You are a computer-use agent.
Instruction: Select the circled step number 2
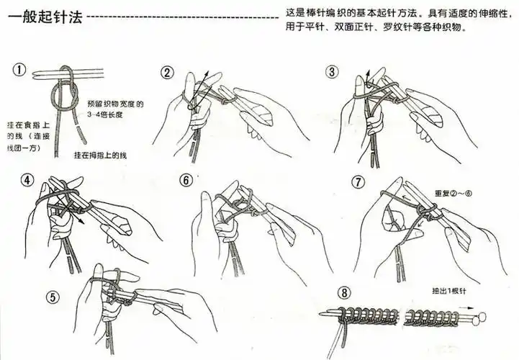coord(167,73)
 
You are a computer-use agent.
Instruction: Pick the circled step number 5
coord(51,297)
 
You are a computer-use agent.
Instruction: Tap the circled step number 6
coord(186,180)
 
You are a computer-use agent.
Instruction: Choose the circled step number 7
coord(358,180)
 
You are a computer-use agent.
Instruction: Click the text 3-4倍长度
coord(110,114)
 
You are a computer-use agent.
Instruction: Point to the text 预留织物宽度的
coord(115,104)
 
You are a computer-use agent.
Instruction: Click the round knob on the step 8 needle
coord(480,315)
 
